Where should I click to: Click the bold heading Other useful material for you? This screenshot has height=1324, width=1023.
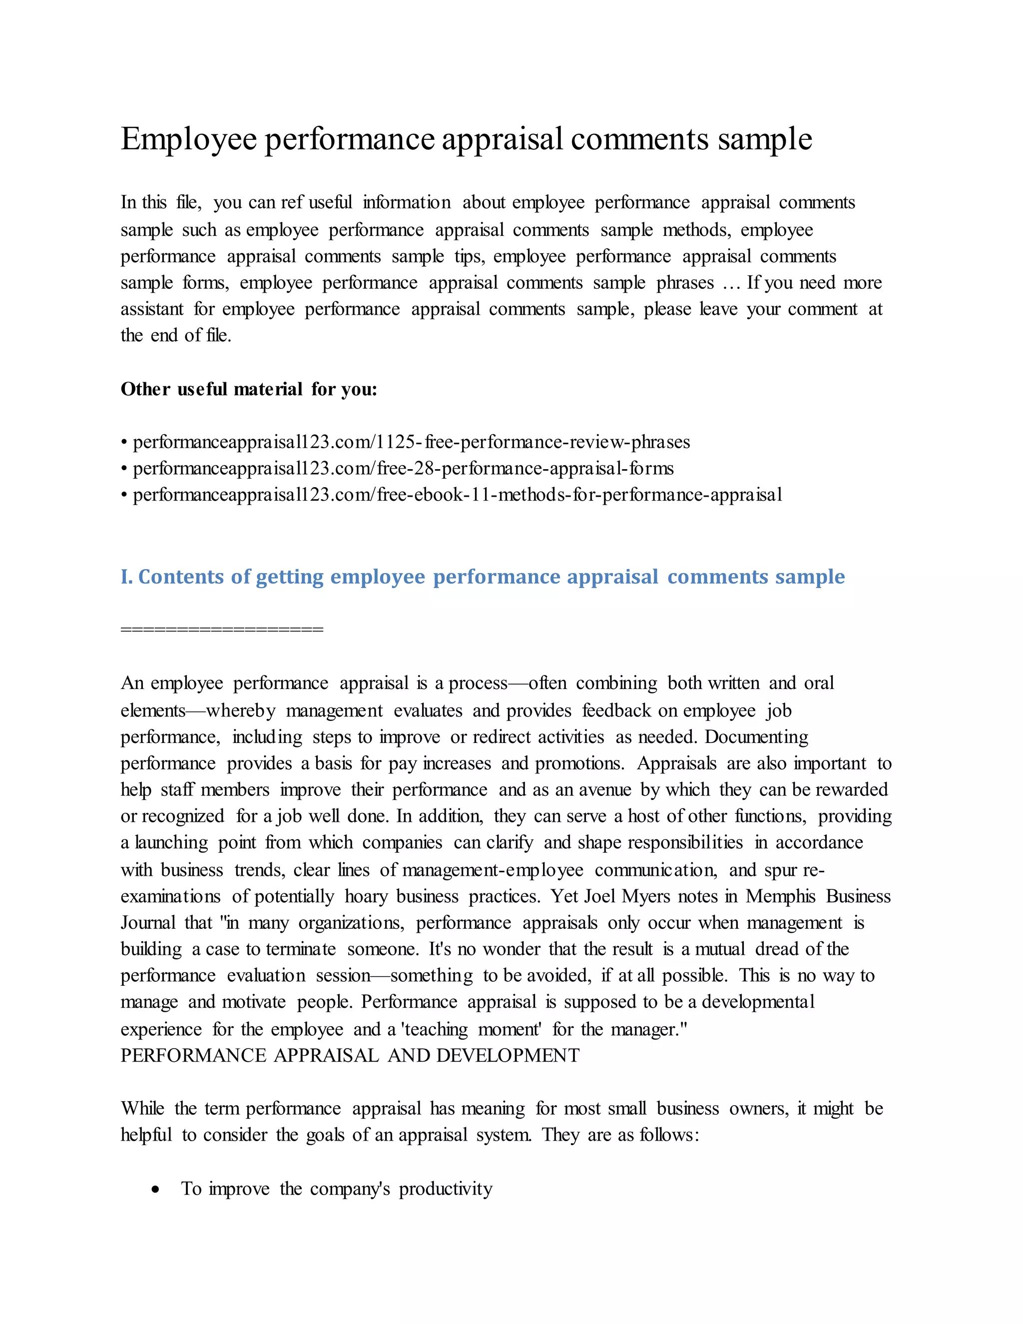tap(248, 389)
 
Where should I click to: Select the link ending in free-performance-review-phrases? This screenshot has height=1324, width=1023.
tap(411, 442)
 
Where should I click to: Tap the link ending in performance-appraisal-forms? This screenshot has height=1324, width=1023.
tap(403, 469)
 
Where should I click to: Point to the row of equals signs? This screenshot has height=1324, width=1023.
tap(222, 629)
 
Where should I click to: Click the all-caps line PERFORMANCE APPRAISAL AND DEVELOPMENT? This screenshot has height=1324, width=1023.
tap(350, 1055)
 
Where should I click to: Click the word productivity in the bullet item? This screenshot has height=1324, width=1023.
tap(446, 1189)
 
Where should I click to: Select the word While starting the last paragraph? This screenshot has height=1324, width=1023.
tap(142, 1109)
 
